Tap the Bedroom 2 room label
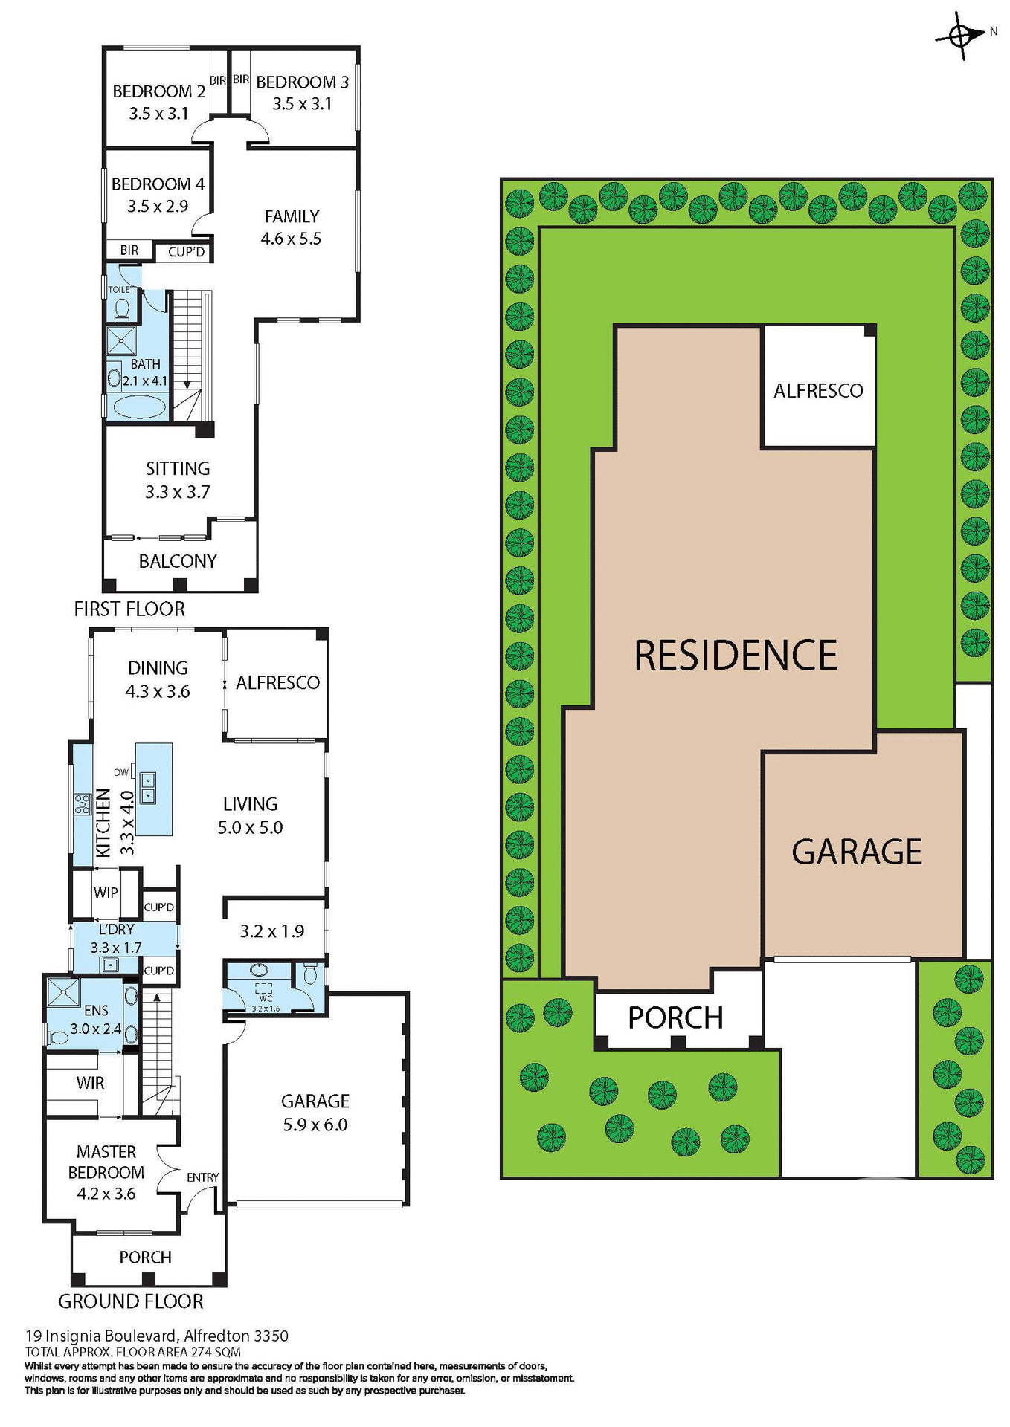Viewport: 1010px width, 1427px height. click(x=158, y=91)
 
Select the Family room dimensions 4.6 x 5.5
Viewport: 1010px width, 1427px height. click(x=291, y=239)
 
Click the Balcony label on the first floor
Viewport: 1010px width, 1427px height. click(x=178, y=561)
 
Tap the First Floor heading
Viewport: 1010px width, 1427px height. click(x=129, y=609)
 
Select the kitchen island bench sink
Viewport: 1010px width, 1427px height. click(x=147, y=789)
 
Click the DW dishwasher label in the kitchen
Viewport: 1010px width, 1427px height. click(x=121, y=772)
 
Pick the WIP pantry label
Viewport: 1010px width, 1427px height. click(x=106, y=893)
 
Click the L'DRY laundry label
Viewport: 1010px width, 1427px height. click(x=116, y=929)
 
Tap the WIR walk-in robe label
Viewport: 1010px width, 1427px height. click(x=90, y=1083)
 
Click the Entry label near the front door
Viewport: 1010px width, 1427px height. click(x=202, y=1177)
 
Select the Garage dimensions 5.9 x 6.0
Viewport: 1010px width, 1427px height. click(x=315, y=1125)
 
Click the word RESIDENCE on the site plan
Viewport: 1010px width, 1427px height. click(x=736, y=655)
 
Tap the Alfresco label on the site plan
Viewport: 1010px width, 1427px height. click(x=818, y=391)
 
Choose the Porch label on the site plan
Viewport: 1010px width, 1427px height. click(x=675, y=1018)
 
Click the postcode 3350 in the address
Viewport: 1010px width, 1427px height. click(x=270, y=1336)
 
